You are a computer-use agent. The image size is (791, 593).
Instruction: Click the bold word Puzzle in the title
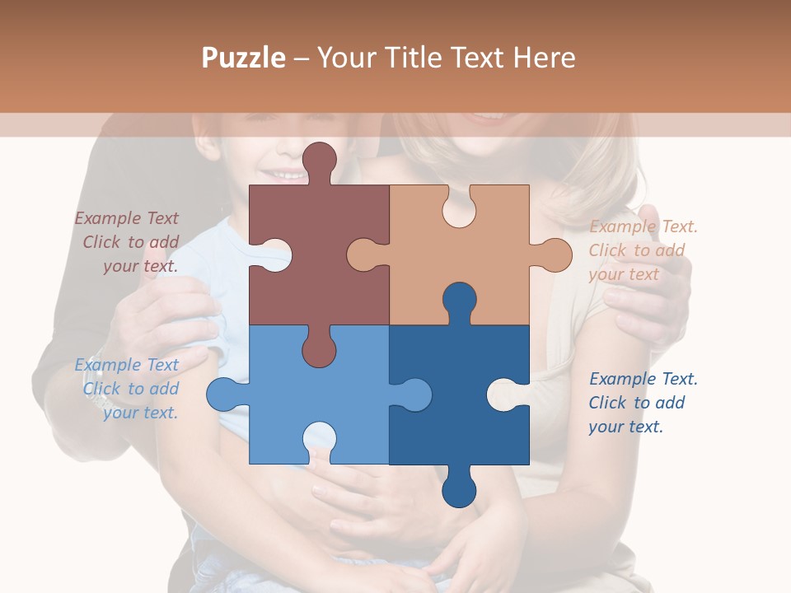243,57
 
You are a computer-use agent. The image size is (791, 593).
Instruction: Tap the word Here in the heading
544,57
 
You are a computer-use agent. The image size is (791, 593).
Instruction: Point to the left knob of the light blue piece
223,395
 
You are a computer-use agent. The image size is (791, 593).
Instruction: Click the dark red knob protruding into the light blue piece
319,350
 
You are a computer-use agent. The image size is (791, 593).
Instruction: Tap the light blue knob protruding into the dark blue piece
414,395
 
